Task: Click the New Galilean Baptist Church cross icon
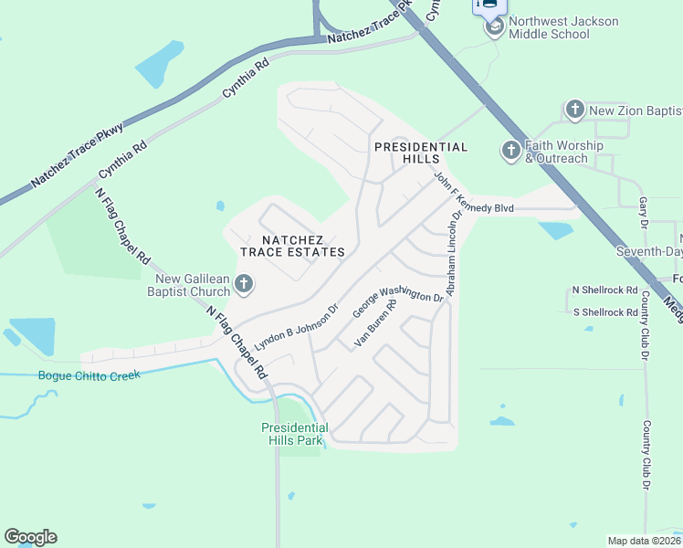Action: pyautogui.click(x=244, y=286)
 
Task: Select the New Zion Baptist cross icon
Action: pyautogui.click(x=575, y=111)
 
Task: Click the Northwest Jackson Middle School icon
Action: pyautogui.click(x=495, y=26)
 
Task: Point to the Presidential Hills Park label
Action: pyautogui.click(x=294, y=434)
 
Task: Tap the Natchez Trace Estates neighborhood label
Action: pyautogui.click(x=292, y=245)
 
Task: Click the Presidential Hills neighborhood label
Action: pyautogui.click(x=421, y=153)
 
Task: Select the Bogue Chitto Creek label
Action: pyautogui.click(x=89, y=375)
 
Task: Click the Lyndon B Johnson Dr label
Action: pyautogui.click(x=297, y=323)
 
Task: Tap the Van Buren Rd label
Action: pyautogui.click(x=375, y=325)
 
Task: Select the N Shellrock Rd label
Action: pyautogui.click(x=604, y=290)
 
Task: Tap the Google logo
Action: pyautogui.click(x=30, y=537)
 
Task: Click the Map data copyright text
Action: pyautogui.click(x=643, y=541)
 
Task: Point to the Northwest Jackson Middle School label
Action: pyautogui.click(x=562, y=27)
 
